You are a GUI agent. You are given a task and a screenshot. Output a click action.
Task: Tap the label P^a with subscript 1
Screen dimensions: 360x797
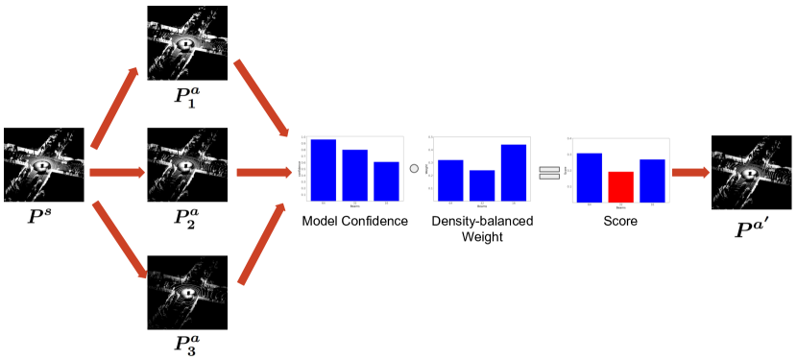(x=186, y=96)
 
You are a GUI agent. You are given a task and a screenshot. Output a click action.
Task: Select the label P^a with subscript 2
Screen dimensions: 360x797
(x=186, y=219)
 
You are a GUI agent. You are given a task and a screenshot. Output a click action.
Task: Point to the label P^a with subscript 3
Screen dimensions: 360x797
(x=186, y=344)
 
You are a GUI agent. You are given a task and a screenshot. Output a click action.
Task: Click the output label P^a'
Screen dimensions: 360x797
(x=751, y=227)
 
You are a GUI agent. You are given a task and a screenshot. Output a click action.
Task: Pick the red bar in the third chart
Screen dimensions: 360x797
(x=620, y=186)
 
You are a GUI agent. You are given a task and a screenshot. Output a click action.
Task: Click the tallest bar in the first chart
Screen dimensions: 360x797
(x=323, y=170)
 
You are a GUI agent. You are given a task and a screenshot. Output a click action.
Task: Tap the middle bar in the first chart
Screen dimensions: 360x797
(x=354, y=175)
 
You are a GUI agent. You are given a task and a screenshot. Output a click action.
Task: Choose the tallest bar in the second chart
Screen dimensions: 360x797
(x=514, y=173)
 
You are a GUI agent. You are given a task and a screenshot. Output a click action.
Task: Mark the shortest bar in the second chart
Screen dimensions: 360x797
(x=482, y=185)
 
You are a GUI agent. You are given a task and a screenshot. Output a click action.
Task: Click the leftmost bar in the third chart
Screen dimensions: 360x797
(x=589, y=178)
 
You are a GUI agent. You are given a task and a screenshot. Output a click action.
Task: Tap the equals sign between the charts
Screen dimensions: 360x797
(x=548, y=173)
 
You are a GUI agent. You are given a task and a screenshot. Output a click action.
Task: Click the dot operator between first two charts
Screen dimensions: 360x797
(x=415, y=169)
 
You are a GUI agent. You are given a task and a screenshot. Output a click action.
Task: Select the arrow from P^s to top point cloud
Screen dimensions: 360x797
(x=115, y=108)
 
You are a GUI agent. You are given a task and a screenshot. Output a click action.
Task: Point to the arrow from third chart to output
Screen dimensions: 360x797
(x=690, y=173)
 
